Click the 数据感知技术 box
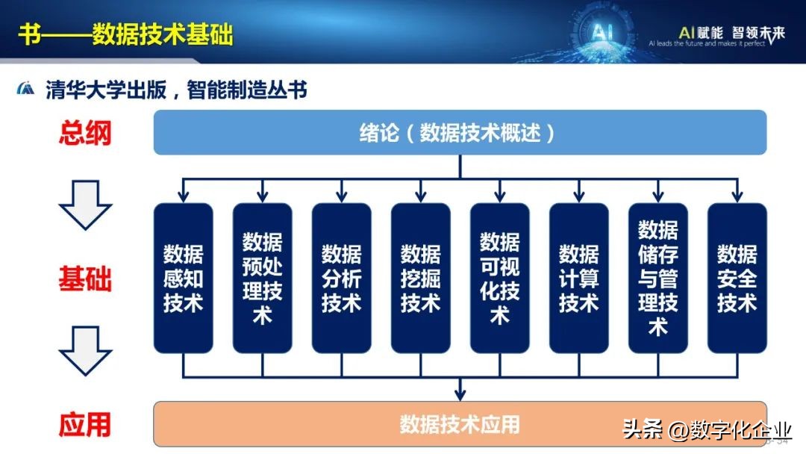(x=183, y=278)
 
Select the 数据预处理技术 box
(x=262, y=278)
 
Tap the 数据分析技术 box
(x=341, y=278)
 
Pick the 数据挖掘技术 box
(x=420, y=278)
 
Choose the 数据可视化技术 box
(x=499, y=278)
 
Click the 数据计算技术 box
(x=578, y=278)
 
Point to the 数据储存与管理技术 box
(x=657, y=278)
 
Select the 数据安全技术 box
(x=737, y=278)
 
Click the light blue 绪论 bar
(x=460, y=133)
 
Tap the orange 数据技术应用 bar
(x=460, y=424)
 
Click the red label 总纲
(x=85, y=133)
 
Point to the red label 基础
(x=85, y=279)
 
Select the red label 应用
(x=85, y=424)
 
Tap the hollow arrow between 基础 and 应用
(x=85, y=351)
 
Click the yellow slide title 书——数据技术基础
(x=125, y=34)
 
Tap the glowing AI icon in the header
(x=602, y=32)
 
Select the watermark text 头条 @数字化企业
(x=706, y=430)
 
